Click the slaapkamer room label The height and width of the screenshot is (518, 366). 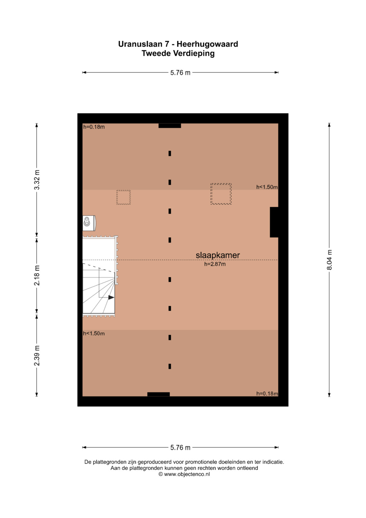click(x=218, y=255)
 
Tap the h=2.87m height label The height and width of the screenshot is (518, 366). click(x=215, y=264)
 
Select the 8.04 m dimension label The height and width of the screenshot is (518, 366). click(x=329, y=260)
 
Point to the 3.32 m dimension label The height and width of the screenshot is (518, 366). click(x=37, y=180)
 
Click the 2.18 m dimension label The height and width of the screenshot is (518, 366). click(x=37, y=275)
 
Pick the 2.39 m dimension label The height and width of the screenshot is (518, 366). click(x=37, y=356)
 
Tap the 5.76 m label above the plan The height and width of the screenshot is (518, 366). click(x=180, y=73)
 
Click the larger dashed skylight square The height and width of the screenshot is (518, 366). click(x=221, y=194)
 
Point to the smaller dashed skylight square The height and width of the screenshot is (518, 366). click(x=124, y=197)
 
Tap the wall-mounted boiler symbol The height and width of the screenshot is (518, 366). click(x=89, y=223)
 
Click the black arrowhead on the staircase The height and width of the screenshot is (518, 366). click(x=111, y=298)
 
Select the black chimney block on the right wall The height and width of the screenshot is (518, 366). click(x=274, y=222)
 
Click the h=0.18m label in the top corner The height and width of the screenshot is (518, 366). click(x=94, y=127)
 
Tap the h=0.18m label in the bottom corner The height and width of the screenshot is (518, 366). click(x=267, y=394)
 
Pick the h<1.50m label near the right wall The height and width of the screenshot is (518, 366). click(x=267, y=187)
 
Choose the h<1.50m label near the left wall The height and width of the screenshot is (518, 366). click(x=94, y=333)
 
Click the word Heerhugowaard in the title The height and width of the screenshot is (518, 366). click(x=207, y=44)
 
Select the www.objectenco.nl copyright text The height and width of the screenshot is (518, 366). click(x=184, y=474)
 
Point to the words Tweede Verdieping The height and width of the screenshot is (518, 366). click(x=178, y=53)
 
